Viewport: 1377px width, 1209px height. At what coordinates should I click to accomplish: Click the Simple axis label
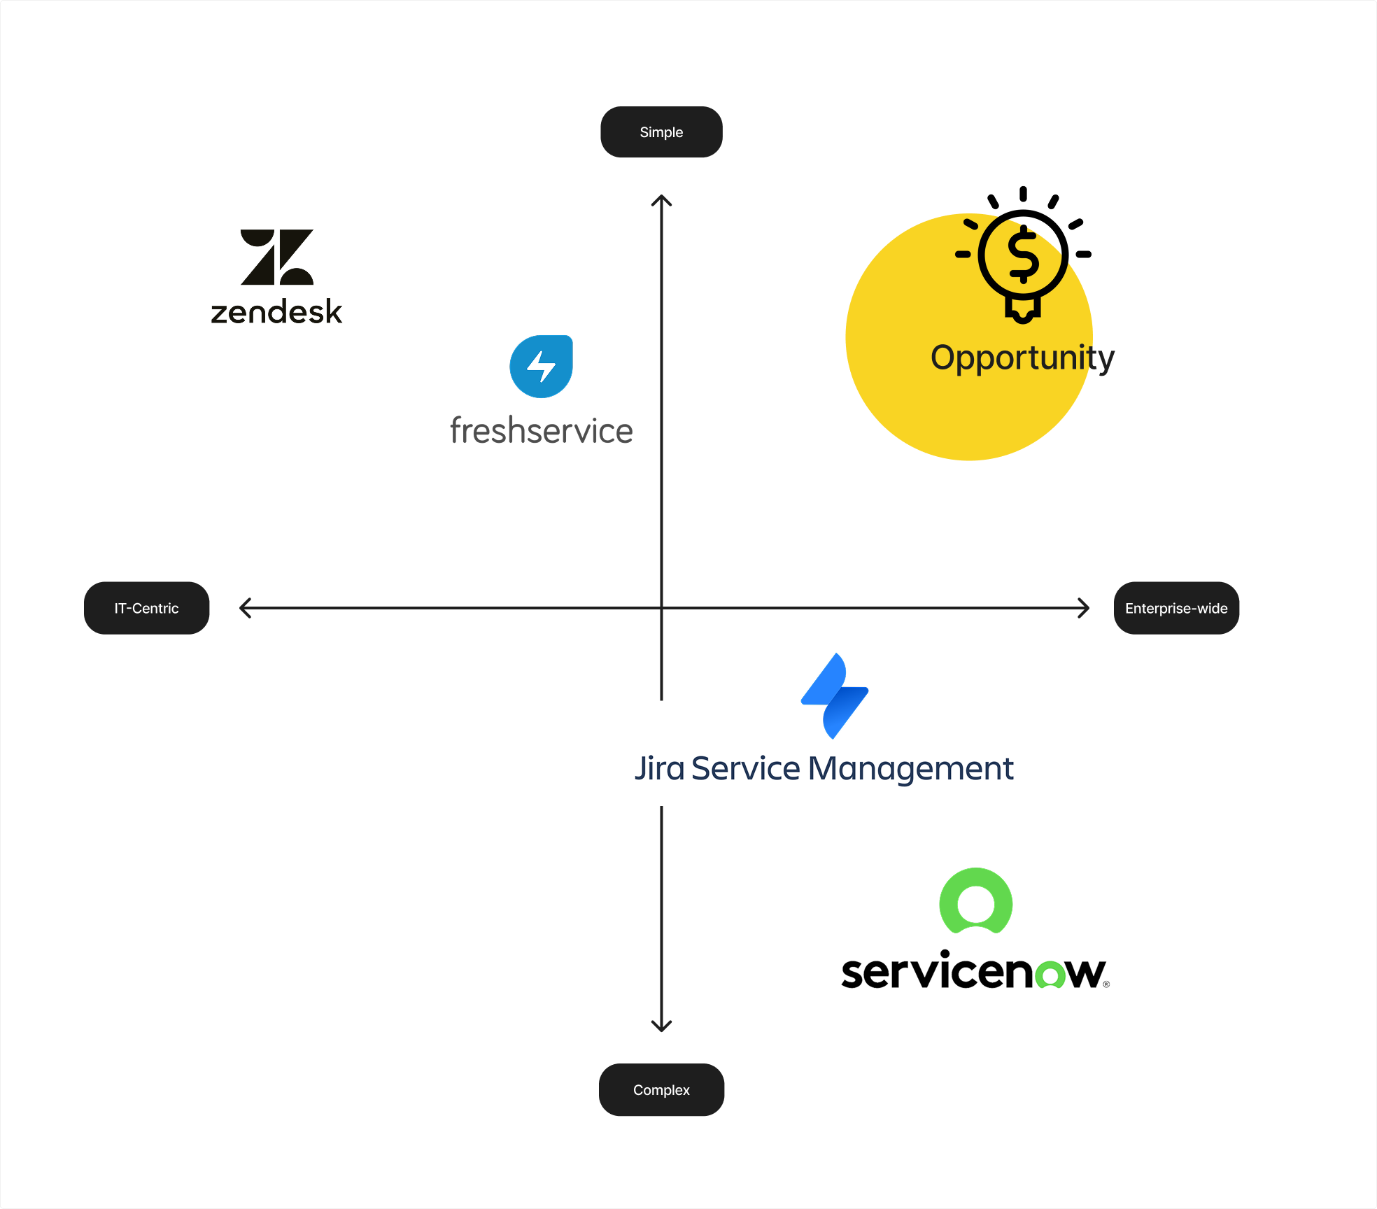coord(661,132)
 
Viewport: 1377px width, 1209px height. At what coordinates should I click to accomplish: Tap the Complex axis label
coord(661,1090)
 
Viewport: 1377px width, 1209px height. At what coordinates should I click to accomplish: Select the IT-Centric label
coord(146,608)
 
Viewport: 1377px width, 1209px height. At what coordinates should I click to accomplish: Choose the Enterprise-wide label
coord(1176,608)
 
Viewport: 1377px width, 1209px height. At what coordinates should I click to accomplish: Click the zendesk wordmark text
coord(276,312)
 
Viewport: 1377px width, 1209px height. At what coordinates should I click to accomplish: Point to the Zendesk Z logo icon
coord(277,257)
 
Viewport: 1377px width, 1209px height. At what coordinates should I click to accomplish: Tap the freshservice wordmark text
coord(541,430)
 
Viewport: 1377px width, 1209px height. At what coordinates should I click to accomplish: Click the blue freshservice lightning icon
coord(541,367)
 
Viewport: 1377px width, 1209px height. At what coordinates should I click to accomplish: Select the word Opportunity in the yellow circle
coord(1022,358)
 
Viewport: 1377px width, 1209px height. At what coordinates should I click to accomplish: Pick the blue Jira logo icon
coord(835,696)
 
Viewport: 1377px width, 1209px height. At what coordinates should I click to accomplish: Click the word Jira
coord(659,768)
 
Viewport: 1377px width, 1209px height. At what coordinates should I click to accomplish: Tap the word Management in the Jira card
coord(910,769)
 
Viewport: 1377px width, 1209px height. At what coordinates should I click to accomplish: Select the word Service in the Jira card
coord(745,768)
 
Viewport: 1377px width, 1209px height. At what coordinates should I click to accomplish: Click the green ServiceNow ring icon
coord(975,902)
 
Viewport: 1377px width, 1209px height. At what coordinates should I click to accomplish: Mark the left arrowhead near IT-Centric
coord(243,608)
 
